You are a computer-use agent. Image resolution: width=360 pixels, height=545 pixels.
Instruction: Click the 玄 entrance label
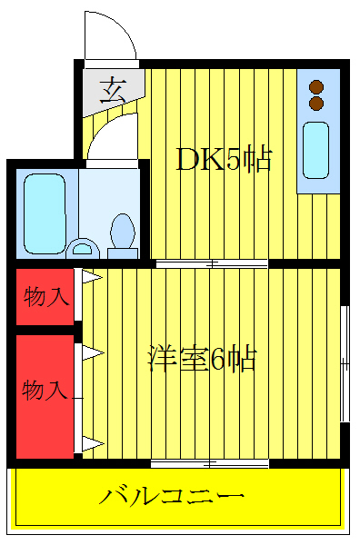(x=113, y=89)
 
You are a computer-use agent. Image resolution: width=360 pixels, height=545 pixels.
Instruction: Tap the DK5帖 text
(x=224, y=161)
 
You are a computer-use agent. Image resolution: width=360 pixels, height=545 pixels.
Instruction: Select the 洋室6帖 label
(x=202, y=359)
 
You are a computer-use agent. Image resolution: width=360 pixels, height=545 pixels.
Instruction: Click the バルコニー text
(x=172, y=496)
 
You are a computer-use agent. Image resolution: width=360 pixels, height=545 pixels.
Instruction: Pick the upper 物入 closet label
(x=45, y=296)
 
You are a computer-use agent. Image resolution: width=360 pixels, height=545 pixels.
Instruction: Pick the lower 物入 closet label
(x=45, y=391)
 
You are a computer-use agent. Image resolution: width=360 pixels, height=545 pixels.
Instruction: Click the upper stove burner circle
(x=316, y=87)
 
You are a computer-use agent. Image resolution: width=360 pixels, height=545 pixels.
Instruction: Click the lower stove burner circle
(x=316, y=104)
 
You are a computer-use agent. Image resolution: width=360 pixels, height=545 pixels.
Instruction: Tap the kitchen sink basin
(x=316, y=150)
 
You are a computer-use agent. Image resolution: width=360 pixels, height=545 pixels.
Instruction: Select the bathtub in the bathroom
(x=44, y=213)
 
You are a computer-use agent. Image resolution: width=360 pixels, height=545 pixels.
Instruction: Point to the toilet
(x=122, y=232)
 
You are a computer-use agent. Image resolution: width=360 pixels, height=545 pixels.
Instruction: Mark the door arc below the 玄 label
(x=109, y=136)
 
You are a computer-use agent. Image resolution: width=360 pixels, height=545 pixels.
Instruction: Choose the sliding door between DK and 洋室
(x=211, y=264)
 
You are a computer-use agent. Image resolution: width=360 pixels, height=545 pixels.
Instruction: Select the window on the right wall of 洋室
(x=345, y=363)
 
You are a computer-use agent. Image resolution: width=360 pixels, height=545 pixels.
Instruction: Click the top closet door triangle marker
(x=92, y=276)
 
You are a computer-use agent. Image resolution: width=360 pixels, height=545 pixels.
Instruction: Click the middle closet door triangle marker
(x=92, y=351)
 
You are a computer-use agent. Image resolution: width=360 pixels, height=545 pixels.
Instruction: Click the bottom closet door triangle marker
(x=92, y=444)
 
